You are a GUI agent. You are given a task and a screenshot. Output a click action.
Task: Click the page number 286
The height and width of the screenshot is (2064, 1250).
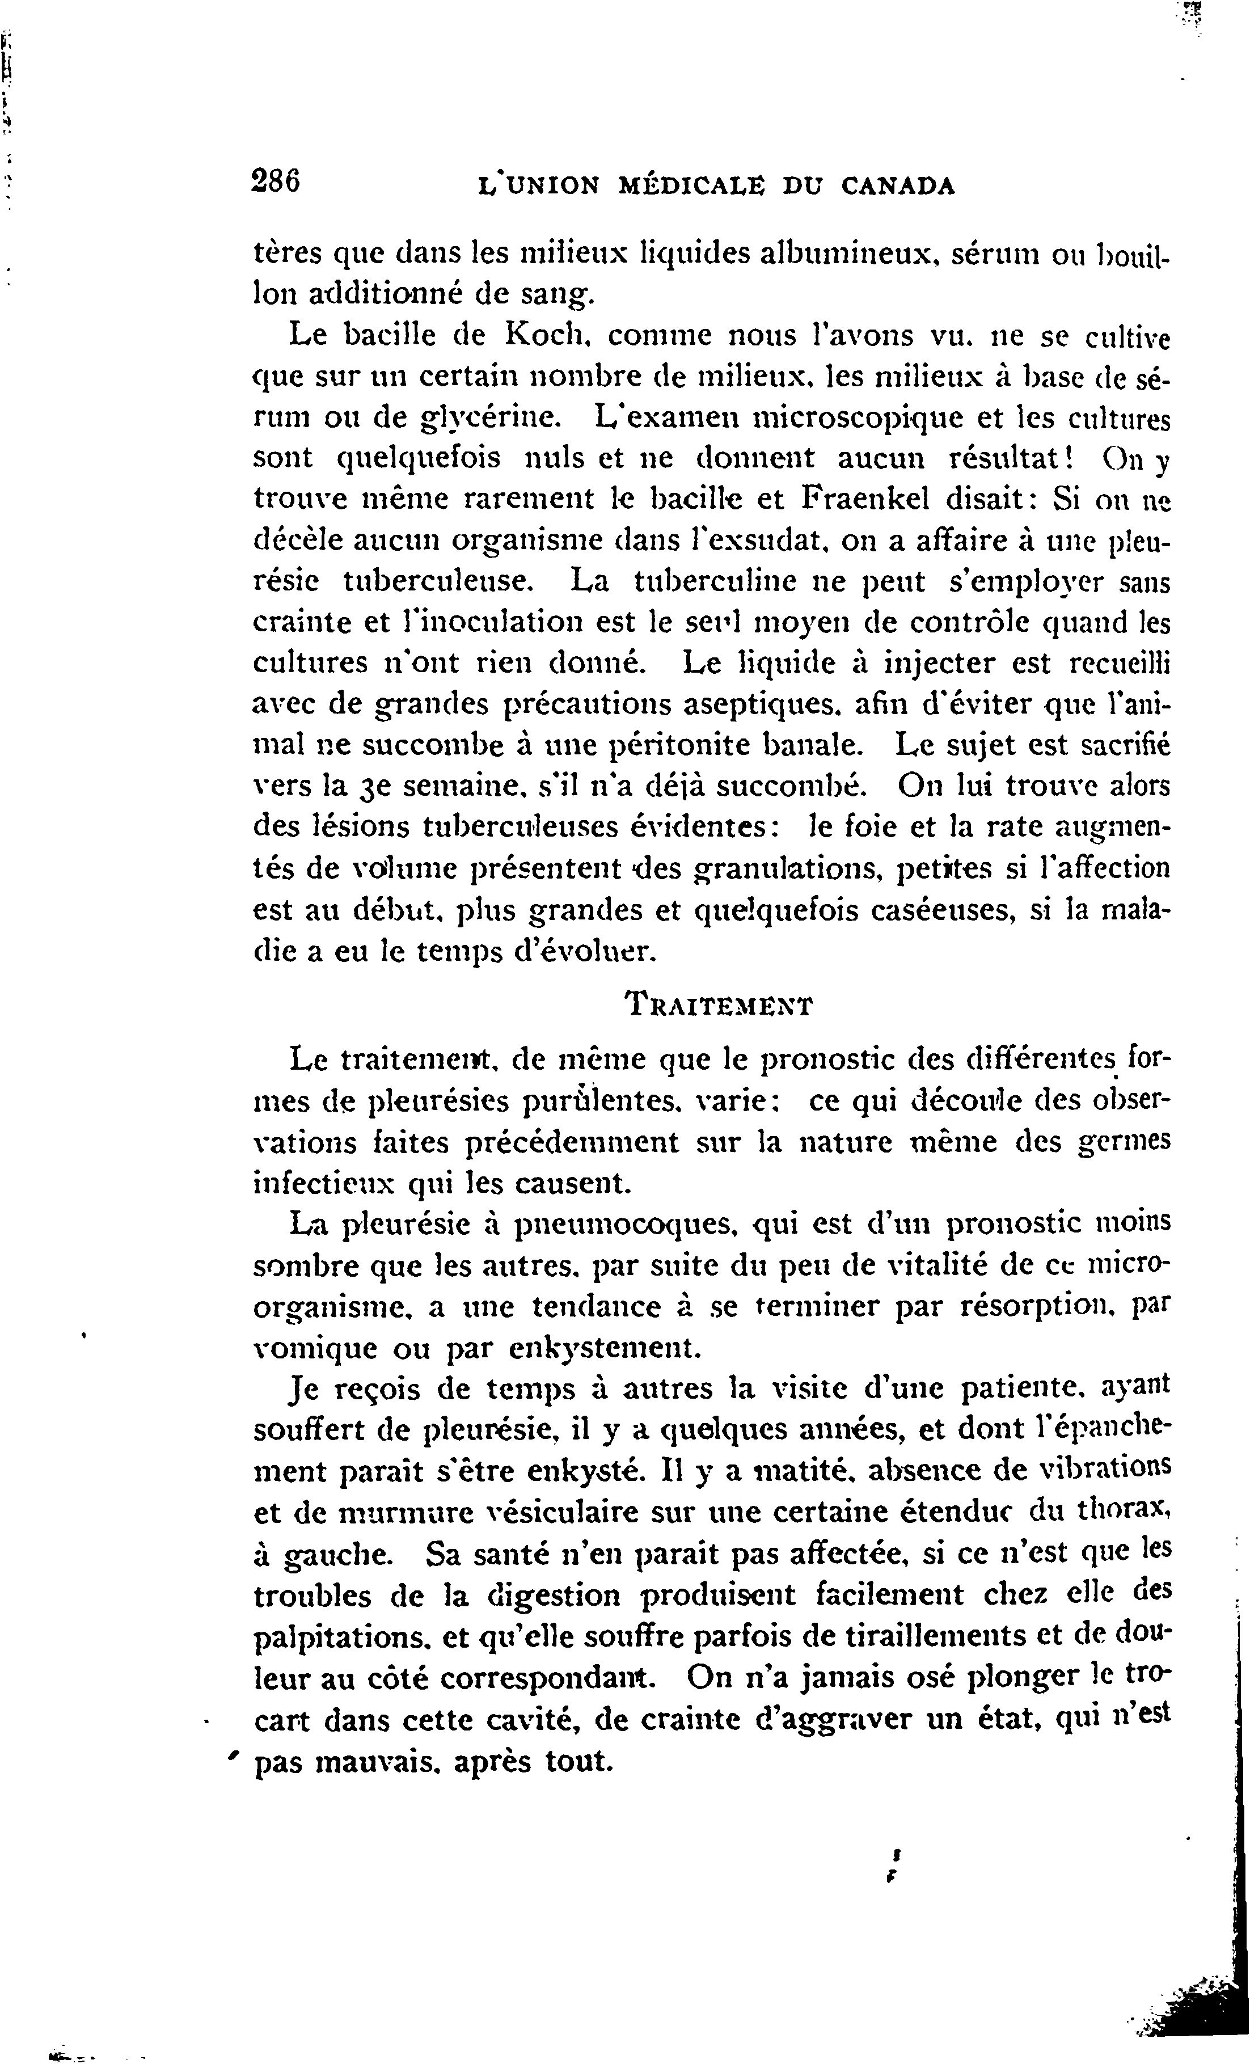(276, 183)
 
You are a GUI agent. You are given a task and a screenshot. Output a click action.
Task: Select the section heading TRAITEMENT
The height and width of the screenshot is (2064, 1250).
(719, 1003)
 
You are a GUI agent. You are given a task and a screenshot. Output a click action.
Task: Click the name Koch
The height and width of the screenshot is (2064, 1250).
(544, 335)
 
